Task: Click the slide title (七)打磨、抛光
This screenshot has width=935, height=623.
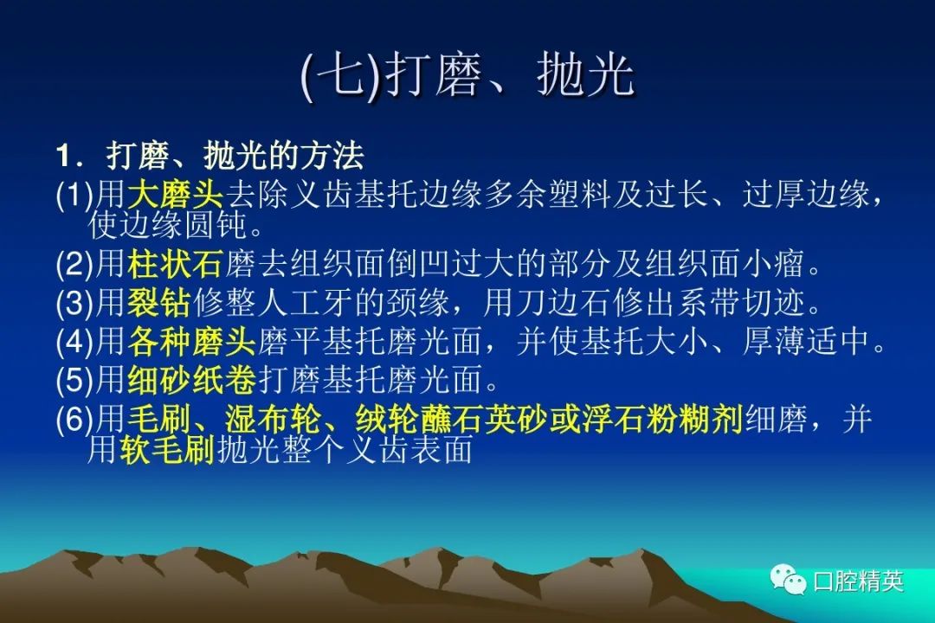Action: point(467,76)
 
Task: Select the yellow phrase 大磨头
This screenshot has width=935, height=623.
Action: point(175,194)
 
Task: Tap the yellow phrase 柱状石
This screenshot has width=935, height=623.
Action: point(175,264)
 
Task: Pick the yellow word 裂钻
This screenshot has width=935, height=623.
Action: point(159,303)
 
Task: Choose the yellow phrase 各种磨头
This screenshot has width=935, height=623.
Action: point(191,342)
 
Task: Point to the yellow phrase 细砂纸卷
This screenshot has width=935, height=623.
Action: point(191,381)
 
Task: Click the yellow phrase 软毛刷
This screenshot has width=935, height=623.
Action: point(167,450)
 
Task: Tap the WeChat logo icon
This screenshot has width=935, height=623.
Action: point(788,578)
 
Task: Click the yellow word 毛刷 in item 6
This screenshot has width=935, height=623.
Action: point(159,419)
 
